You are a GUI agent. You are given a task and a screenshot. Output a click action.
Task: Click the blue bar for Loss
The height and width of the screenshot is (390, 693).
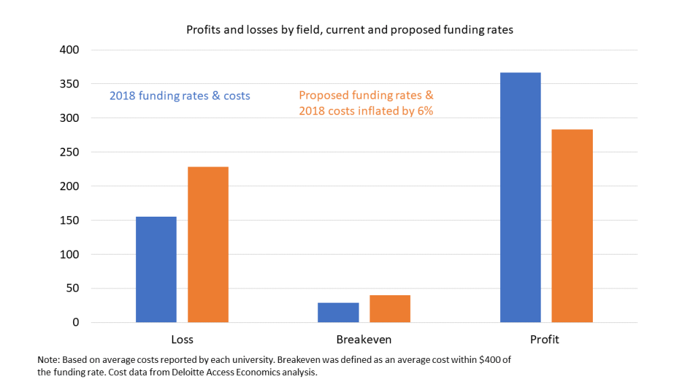[156, 269]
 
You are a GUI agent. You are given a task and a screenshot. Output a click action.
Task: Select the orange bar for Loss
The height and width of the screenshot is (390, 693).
[208, 244]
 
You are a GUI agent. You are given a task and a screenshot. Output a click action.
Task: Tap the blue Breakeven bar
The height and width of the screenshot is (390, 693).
[338, 312]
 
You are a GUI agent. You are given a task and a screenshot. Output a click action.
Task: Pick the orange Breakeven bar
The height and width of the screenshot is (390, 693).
[390, 309]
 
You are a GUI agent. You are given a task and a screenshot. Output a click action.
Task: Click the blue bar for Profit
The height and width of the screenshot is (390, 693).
[520, 197]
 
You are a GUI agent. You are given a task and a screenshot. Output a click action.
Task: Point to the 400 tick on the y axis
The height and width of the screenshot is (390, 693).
[70, 50]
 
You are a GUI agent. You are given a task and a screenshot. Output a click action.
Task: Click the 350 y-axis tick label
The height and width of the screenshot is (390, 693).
[70, 84]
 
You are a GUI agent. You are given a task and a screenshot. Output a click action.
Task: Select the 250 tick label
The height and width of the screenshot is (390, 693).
[70, 152]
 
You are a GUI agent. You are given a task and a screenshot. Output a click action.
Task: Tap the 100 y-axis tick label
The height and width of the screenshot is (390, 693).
[70, 255]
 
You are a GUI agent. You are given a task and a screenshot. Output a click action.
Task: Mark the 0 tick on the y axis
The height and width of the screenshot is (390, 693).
[76, 322]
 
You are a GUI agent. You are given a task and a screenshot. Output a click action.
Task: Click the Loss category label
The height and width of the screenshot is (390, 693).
[182, 339]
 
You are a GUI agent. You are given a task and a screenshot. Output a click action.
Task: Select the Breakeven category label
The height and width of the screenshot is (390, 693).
[363, 339]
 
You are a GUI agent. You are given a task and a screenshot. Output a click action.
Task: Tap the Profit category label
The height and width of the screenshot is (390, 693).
[545, 339]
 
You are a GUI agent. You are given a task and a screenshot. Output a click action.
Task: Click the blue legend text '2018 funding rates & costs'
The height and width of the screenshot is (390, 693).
[179, 96]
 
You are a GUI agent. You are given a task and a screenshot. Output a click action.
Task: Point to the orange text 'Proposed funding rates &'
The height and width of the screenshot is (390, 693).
[366, 95]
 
